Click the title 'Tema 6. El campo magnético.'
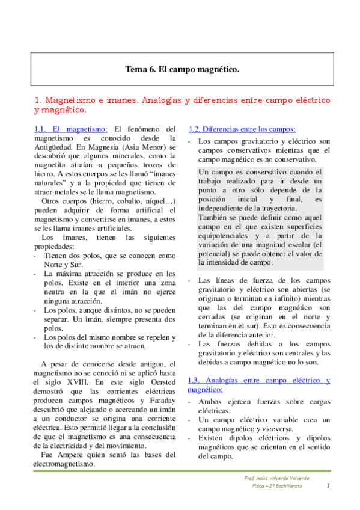pos(182,70)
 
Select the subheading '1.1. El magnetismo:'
pos(71,129)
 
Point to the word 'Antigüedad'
pos(56,147)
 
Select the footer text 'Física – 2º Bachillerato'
pos(277,486)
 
